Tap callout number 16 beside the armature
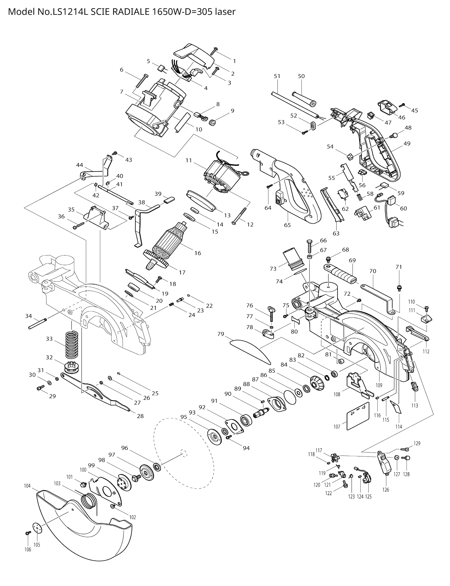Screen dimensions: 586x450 point(197,253)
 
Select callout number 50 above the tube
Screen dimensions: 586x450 point(301,76)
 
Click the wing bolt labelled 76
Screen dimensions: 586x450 point(271,314)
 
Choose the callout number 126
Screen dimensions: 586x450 point(386,490)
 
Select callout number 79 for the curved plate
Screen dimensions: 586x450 point(221,334)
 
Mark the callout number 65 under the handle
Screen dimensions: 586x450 point(287,225)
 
